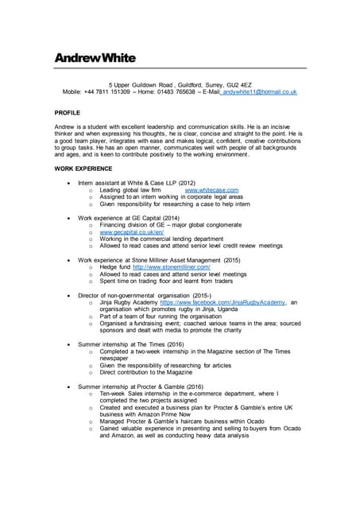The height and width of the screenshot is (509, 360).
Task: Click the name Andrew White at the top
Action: (x=95, y=58)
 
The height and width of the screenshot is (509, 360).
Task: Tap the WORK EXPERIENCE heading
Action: (x=83, y=169)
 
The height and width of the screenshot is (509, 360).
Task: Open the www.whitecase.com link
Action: (x=211, y=191)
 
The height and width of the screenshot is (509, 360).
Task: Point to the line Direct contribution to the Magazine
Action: (x=145, y=371)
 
